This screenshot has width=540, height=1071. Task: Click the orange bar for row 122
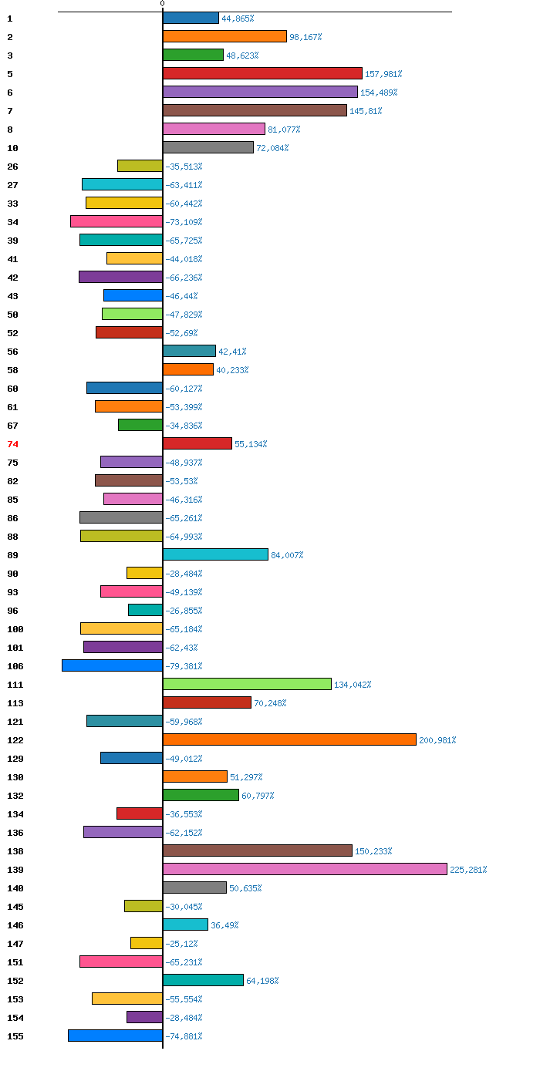pos(289,739)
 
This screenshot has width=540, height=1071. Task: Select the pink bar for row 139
pos(305,869)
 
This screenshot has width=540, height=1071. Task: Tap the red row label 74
pos(12,444)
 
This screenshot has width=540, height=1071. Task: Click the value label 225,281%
pos(468,870)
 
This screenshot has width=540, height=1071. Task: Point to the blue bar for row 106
pos(112,665)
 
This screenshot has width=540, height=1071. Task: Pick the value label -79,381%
pos(184,666)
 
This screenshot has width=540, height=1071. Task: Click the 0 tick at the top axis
pos(162,4)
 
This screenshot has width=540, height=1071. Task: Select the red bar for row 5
pos(262,73)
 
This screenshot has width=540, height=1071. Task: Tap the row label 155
pos(15,1036)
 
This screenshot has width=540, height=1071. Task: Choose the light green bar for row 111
pos(247,684)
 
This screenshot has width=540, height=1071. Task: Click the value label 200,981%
pos(437,740)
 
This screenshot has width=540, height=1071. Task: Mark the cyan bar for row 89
pos(215,554)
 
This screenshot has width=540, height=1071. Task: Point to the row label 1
pos(9,19)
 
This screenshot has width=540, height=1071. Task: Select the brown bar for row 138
pos(258,850)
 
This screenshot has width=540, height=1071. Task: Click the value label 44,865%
pos(238,19)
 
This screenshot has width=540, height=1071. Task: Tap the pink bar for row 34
pos(116,221)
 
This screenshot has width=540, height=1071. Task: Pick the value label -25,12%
pos(181,944)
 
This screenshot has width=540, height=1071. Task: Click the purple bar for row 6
pos(260,92)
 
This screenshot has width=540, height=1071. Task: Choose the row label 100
pos(15,629)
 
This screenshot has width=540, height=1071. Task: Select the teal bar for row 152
pos(203,980)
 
